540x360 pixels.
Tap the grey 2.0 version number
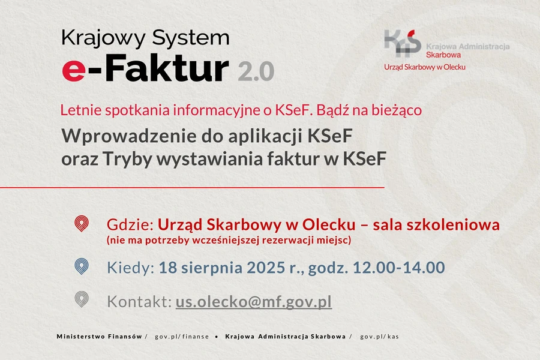pos(256,71)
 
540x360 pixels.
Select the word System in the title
pos(191,38)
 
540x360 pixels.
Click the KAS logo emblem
pos(403,43)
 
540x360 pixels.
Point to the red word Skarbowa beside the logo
pos(443,55)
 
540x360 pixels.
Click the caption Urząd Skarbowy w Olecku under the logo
pos(425,67)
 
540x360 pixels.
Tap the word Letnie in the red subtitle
pos(81,110)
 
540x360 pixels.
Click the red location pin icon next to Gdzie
pos(82,224)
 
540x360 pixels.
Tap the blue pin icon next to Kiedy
pos(82,266)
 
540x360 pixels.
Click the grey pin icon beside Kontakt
pos(82,299)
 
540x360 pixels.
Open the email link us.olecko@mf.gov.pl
pos(254,302)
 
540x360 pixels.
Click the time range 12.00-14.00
pos(399,268)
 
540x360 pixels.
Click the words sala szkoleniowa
pos(436,225)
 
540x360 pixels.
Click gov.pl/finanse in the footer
pos(182,337)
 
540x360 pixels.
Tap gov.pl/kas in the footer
pos(380,337)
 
